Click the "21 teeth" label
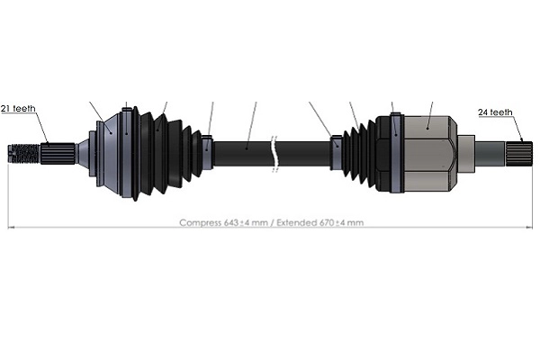click(18, 109)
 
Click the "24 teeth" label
click(495, 112)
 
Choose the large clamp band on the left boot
click(127, 152)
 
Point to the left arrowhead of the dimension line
click(11, 227)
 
